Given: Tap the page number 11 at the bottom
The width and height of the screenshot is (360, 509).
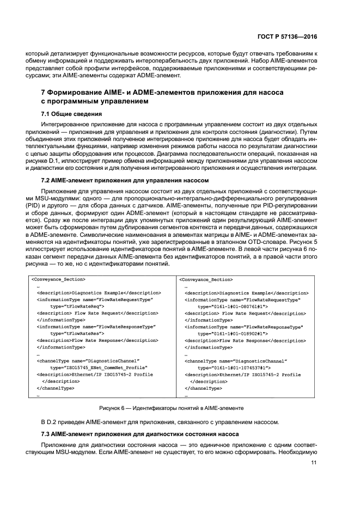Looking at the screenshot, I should pos(314,463).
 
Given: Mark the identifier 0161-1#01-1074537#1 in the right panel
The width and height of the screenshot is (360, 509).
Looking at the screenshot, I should pos(233,368).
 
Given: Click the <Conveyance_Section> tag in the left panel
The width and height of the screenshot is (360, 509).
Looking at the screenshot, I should pos(58,279).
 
